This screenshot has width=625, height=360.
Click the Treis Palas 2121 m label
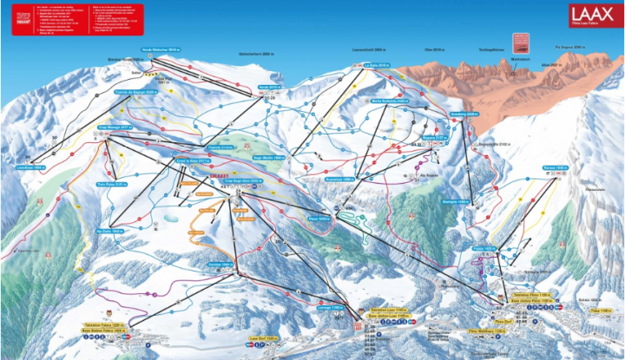coord(106,184)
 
